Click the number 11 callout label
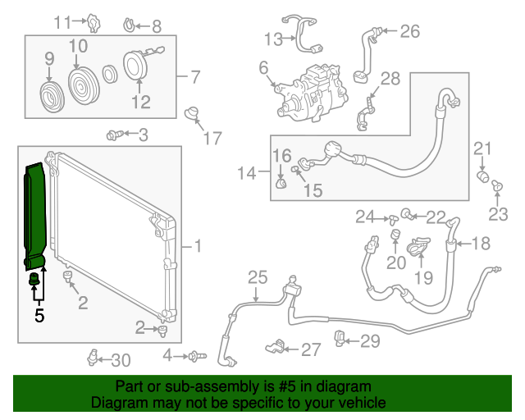[x=63, y=22]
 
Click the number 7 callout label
[x=194, y=78]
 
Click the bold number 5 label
[x=39, y=313]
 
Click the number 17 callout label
[x=212, y=139]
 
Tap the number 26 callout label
[x=409, y=32]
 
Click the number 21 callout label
[x=482, y=148]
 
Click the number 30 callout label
[x=121, y=359]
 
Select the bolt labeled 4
[x=195, y=356]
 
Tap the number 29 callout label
[x=371, y=340]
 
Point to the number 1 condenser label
[x=197, y=245]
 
